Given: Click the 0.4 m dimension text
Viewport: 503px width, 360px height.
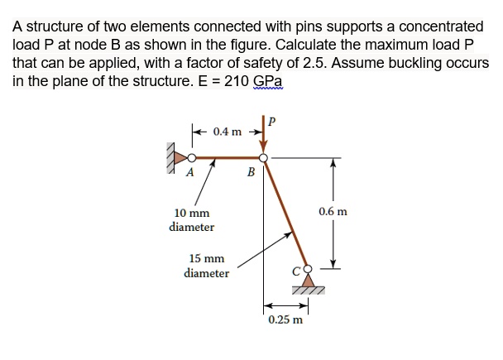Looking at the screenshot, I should click(x=228, y=132).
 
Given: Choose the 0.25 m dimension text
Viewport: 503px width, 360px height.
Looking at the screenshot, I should click(x=285, y=319).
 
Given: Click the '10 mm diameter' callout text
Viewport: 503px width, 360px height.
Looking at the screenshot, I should click(x=191, y=219).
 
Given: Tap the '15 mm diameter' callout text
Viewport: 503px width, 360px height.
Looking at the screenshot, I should click(x=207, y=266).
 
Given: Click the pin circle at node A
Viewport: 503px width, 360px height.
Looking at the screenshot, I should click(x=191, y=157).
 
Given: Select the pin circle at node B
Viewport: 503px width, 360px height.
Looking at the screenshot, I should click(x=263, y=156).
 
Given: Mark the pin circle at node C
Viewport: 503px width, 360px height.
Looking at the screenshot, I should click(x=309, y=269).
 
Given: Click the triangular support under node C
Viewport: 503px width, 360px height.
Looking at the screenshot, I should click(x=308, y=283).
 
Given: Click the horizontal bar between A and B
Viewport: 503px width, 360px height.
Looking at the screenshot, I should click(x=227, y=156).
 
